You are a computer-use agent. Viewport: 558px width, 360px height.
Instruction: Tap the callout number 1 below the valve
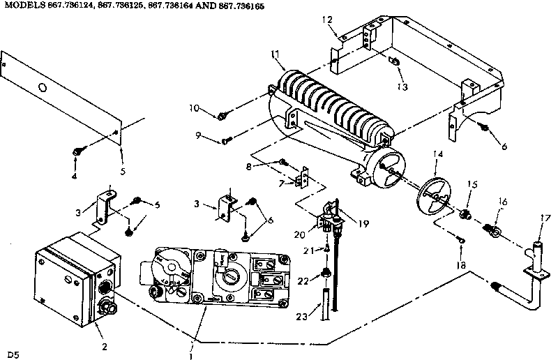click(x=190, y=355)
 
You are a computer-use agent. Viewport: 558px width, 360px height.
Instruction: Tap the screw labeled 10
click(x=223, y=115)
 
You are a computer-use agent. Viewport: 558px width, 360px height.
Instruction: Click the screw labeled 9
click(x=226, y=142)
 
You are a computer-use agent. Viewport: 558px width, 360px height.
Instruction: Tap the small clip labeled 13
click(x=395, y=62)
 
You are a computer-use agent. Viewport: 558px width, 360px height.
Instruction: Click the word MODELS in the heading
click(x=22, y=6)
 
